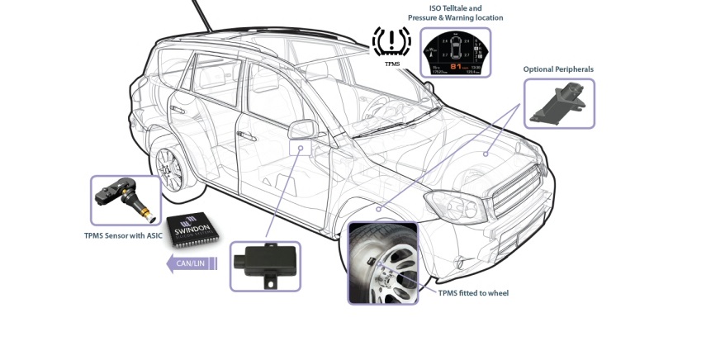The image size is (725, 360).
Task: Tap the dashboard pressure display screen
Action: coord(455,53)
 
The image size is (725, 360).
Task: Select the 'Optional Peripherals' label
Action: coord(558,69)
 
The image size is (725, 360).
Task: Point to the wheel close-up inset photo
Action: coord(384,263)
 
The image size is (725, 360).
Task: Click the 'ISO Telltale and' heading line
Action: coord(455,7)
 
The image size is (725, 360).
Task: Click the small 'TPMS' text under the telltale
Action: coord(391,63)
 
